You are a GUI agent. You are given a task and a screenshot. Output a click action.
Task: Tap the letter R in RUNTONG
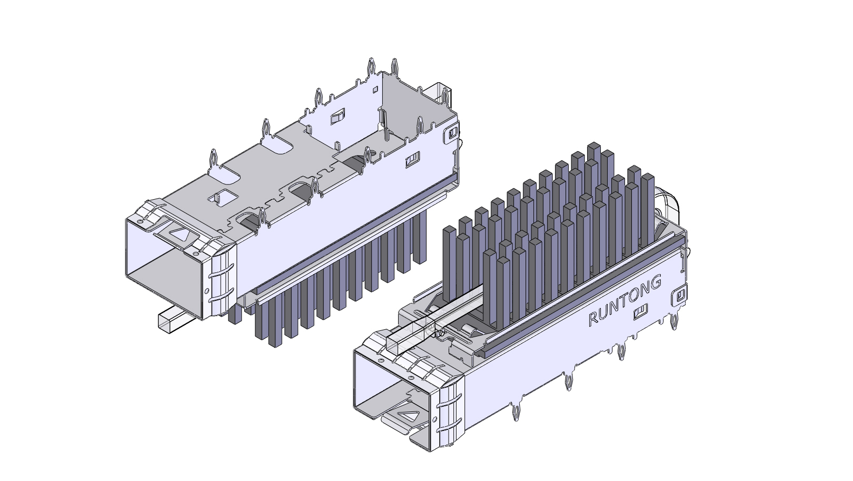click(593, 318)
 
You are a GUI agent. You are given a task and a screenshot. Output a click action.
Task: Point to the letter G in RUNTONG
click(656, 282)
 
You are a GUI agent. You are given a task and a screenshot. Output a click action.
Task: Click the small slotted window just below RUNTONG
click(641, 313)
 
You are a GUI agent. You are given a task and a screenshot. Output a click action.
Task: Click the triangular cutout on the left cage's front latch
click(181, 234)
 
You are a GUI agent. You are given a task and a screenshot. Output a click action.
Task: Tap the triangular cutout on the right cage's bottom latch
click(408, 416)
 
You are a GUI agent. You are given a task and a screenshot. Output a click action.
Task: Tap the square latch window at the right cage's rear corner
click(680, 295)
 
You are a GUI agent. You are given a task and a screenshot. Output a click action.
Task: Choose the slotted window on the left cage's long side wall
click(412, 160)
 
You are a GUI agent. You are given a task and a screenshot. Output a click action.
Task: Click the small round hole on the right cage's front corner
click(435, 420)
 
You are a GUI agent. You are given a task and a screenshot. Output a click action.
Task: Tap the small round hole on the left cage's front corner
click(206, 291)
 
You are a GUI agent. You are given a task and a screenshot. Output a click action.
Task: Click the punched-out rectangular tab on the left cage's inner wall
click(337, 117)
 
